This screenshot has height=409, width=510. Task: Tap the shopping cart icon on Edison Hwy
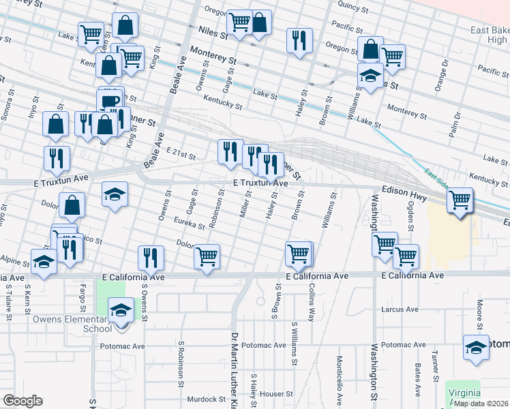tap(460, 200)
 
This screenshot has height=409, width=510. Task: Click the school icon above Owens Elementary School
tap(121, 311)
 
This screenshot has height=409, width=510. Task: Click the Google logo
tap(22, 401)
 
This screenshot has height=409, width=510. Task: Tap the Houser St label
tap(275, 394)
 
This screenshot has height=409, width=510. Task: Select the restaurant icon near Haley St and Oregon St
tap(299, 40)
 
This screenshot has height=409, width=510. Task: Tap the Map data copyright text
tap(481, 403)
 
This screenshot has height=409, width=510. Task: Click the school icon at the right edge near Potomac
tap(475, 348)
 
